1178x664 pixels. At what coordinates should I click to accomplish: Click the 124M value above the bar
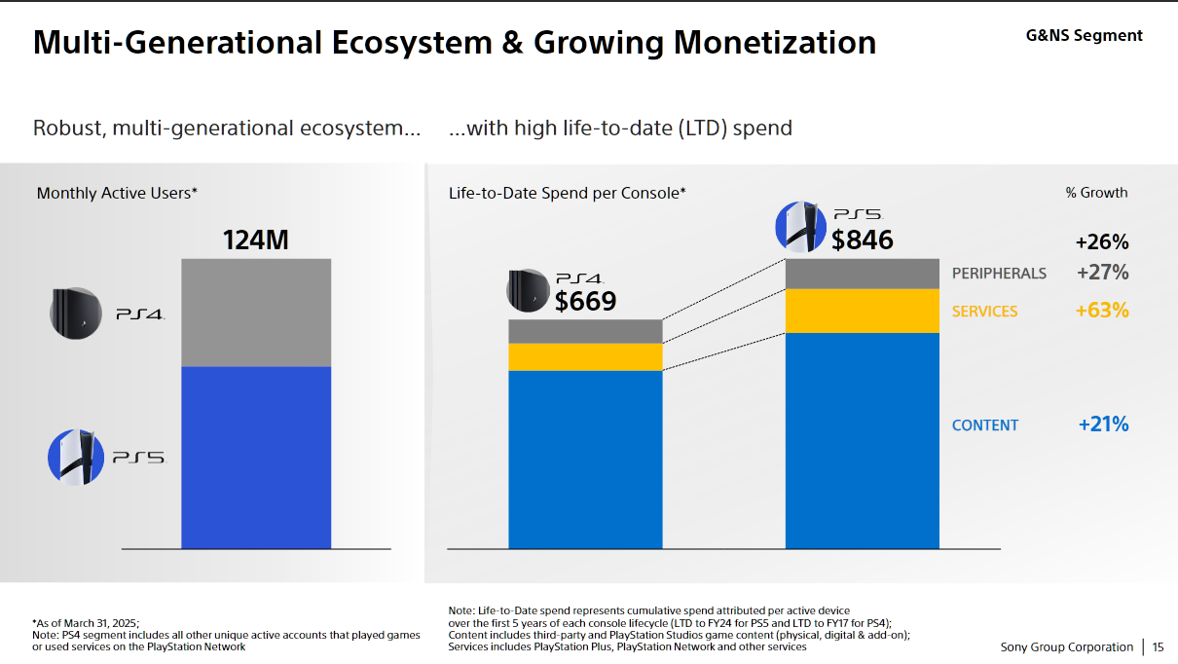[x=256, y=240]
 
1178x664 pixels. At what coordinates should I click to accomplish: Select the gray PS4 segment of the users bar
[x=256, y=312]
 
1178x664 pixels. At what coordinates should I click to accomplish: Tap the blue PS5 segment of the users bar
[x=256, y=457]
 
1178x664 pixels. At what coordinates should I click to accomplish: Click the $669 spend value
[x=585, y=301]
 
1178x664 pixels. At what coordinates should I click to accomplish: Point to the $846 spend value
[x=862, y=239]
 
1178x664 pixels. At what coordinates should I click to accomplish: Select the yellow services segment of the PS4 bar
[x=585, y=356]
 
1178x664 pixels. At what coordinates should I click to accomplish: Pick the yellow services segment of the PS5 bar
[x=862, y=311]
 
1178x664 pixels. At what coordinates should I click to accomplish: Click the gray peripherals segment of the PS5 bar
[x=862, y=274]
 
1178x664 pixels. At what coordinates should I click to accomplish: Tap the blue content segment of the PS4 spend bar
[x=585, y=459]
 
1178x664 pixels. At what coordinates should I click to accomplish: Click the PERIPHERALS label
[x=999, y=274]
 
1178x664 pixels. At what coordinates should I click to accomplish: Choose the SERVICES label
[x=984, y=312]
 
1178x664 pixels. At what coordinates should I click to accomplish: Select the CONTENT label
[x=985, y=425]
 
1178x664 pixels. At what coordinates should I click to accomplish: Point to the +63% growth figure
[x=1102, y=311]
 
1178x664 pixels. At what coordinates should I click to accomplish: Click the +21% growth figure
[x=1103, y=424]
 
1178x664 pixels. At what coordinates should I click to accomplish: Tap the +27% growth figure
[x=1103, y=273]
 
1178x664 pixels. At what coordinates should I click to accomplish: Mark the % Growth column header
[x=1096, y=193]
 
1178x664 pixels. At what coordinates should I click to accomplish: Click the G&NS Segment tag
[x=1085, y=36]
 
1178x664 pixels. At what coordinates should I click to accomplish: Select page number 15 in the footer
[x=1159, y=647]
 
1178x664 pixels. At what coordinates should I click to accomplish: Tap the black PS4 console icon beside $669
[x=529, y=289]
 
